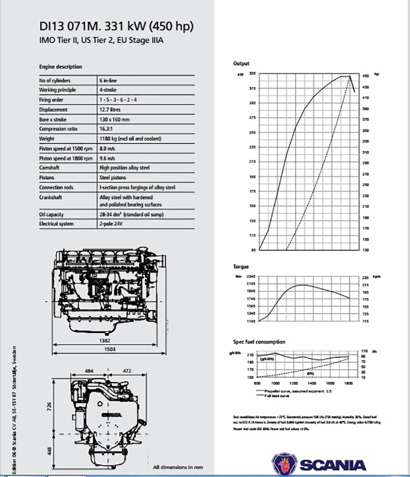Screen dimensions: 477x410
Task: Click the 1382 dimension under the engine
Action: (105, 341)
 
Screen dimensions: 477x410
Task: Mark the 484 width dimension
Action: (89, 370)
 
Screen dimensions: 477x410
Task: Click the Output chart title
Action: (241, 64)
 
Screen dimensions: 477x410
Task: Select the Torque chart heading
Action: (241, 267)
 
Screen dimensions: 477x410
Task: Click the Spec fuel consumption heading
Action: (259, 342)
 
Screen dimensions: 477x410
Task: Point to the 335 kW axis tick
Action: (252, 74)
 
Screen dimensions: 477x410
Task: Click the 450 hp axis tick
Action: (366, 76)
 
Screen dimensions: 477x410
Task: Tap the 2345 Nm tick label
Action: (250, 277)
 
